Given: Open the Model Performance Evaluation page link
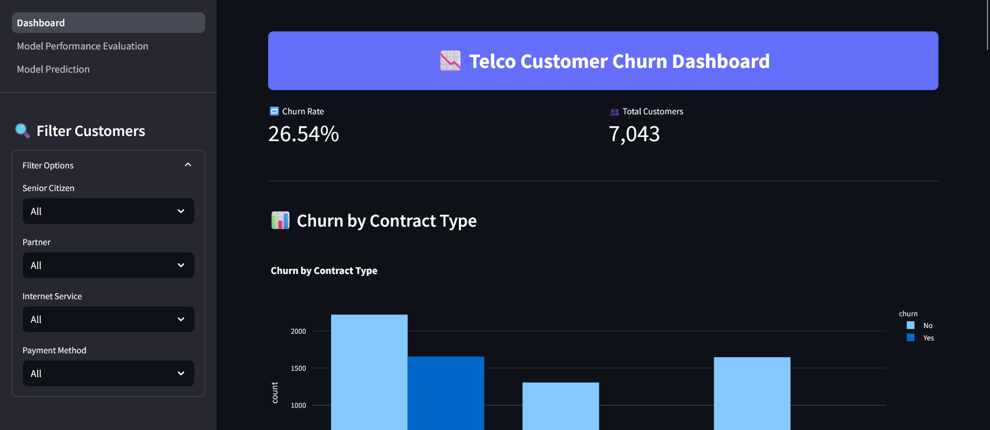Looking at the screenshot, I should [82, 46].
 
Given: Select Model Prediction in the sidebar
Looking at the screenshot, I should [53, 70].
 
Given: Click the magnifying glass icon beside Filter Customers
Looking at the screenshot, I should [22, 131].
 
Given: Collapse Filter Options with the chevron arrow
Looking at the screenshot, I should [188, 165].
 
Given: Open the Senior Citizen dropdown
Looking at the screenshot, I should [108, 211].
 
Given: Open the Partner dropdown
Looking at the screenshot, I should [108, 265].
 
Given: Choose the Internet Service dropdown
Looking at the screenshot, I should [108, 319].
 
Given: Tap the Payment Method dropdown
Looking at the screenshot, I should [108, 373].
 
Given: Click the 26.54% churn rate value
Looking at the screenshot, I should [304, 134].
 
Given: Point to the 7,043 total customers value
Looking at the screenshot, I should [634, 134].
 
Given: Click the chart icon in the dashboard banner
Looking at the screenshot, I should [450, 61].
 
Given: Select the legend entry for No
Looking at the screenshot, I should [928, 325].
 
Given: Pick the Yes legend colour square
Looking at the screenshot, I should [911, 338].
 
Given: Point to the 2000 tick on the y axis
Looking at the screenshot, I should [298, 331].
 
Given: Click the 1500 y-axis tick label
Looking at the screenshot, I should [298, 368].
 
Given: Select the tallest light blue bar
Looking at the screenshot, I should [369, 371].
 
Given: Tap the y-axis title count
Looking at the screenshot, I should [275, 392].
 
